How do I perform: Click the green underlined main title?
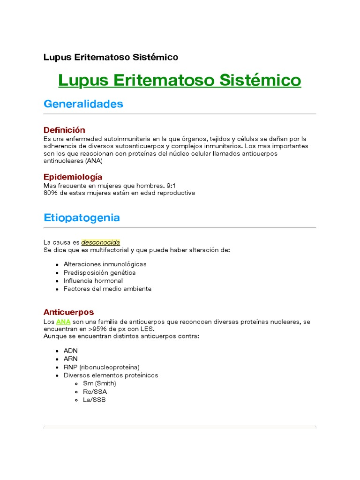point(180,80)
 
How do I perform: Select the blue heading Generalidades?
point(83,104)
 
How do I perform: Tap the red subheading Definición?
point(64,130)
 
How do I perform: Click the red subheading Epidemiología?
point(73,177)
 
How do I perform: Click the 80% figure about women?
point(50,193)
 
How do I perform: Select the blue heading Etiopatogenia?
point(82,217)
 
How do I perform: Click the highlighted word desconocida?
point(101,242)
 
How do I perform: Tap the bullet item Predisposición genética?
point(99,272)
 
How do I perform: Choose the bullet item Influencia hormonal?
point(93,281)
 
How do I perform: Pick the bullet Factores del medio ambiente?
point(107,289)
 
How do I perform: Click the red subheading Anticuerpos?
point(68,312)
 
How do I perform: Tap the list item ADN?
point(71,351)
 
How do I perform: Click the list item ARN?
point(71,359)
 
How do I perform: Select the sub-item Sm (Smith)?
point(99,383)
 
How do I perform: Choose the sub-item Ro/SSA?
point(95,391)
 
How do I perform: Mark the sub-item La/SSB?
point(94,400)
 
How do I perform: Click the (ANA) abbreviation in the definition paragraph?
point(93,161)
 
